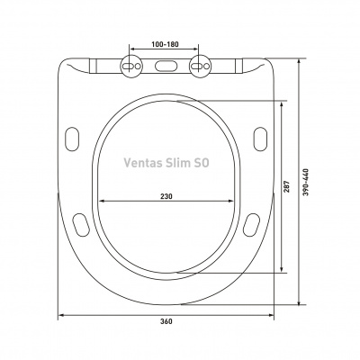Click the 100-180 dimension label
[x=165, y=44]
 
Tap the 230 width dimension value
[x=166, y=196]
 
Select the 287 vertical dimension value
[x=287, y=186]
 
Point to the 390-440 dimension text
[x=305, y=183]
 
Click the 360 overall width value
[x=166, y=321]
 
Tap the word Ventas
[x=143, y=163]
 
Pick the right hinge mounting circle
[x=200, y=67]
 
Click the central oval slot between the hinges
[x=166, y=67]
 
